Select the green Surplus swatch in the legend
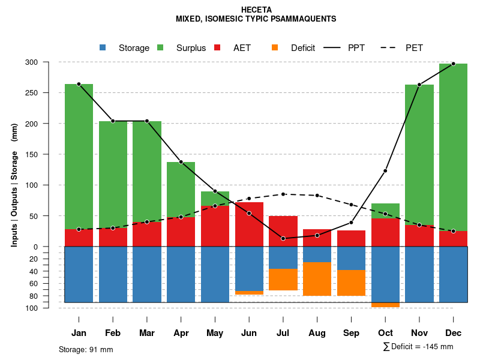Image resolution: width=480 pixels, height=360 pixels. click(161, 47)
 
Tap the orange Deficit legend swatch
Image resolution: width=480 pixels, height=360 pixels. click(275, 47)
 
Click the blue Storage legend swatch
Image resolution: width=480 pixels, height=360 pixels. click(103, 47)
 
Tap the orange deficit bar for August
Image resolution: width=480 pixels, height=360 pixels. click(317, 279)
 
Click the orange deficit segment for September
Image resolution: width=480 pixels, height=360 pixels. click(351, 283)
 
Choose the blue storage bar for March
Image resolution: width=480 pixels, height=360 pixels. click(146, 274)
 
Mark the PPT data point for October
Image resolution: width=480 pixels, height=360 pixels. click(385, 171)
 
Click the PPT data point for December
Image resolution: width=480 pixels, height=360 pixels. click(453, 64)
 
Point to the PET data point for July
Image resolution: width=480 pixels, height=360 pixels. click(283, 194)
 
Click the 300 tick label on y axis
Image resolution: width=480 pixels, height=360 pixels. click(49, 62)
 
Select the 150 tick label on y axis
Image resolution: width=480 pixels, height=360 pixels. click(49, 154)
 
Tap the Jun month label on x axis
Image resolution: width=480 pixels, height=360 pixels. click(249, 333)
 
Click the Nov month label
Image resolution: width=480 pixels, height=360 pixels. click(419, 333)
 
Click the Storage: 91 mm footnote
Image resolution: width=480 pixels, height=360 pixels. click(86, 349)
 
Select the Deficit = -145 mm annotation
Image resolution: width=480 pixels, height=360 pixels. click(418, 347)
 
